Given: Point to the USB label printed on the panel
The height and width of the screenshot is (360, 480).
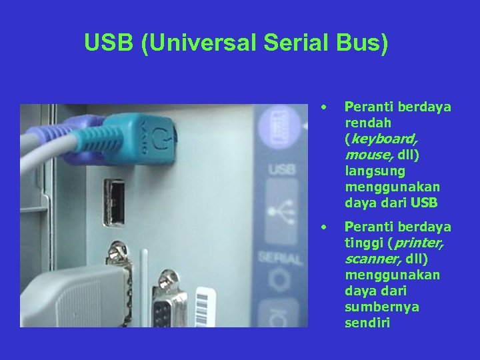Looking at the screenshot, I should coord(283,171).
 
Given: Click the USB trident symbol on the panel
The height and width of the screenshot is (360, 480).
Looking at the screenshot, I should coord(282,212).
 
